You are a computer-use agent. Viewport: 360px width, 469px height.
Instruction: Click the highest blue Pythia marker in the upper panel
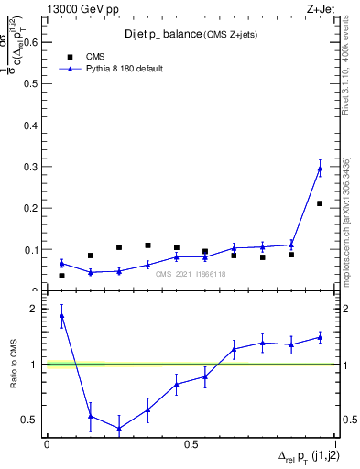tap(320, 169)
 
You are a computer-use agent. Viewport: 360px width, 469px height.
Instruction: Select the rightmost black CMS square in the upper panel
tap(320, 203)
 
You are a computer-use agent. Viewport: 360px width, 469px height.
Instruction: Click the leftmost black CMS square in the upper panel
tap(61, 276)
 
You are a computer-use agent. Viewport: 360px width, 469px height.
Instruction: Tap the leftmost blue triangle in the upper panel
tap(61, 263)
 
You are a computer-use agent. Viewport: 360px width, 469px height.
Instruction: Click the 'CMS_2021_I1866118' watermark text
tap(191, 274)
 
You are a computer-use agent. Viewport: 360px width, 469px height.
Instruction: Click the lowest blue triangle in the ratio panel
tap(119, 428)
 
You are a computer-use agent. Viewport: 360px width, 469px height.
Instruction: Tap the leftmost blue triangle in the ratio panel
tap(61, 316)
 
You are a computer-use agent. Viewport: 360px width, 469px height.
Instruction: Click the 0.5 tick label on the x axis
tap(191, 443)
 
